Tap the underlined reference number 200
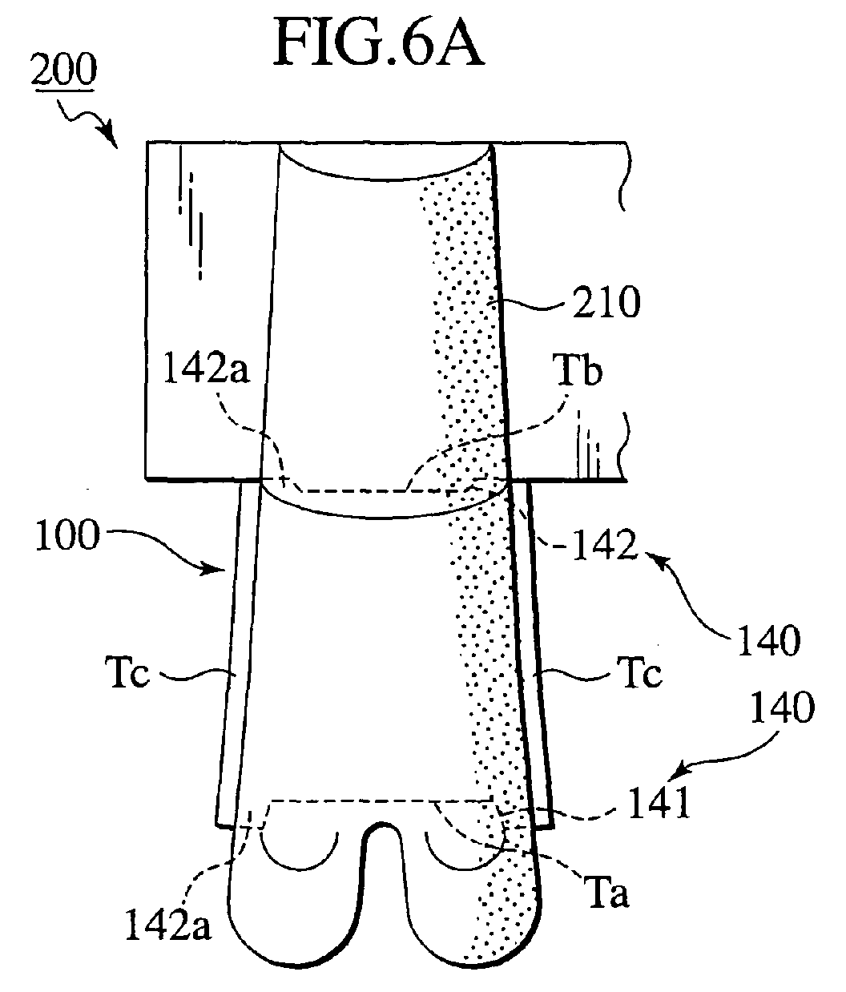point(64,70)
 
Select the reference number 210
point(606,302)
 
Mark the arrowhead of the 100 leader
point(219,569)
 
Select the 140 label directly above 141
point(782,708)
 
